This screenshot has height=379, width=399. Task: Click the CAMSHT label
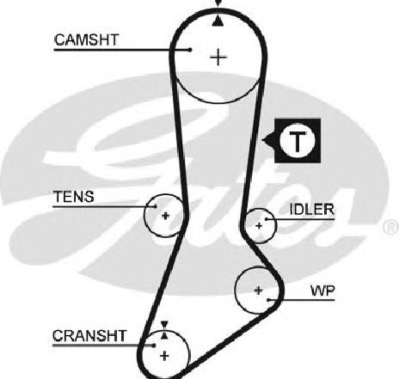tap(86, 40)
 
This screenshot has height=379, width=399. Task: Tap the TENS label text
tap(74, 197)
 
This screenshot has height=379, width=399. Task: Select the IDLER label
tap(312, 210)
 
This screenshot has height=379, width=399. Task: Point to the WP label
tap(322, 290)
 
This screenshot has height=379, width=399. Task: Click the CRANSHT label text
tap(89, 335)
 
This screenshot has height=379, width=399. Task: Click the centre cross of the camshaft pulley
tap(218, 58)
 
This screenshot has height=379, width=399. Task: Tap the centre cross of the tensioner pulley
tap(165, 216)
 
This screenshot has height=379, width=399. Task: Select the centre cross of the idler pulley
tap(259, 226)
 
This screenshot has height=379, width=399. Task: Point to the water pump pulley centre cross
tap(258, 290)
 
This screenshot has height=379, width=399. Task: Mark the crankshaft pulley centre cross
tap(164, 356)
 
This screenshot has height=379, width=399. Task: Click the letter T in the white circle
tap(298, 141)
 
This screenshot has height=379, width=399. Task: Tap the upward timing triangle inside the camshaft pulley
tap(218, 21)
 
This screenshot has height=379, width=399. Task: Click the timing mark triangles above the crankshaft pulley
tap(164, 330)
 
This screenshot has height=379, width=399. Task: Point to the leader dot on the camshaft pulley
tap(190, 50)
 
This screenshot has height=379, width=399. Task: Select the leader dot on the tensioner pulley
tap(155, 206)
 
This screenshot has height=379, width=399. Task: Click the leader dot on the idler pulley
tap(267, 219)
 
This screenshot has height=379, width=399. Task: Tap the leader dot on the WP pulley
tap(269, 300)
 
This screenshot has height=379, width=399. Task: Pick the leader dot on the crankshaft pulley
tap(154, 345)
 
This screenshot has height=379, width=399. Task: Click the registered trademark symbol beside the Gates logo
tap(391, 227)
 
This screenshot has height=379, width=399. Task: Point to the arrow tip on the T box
tap(262, 140)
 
